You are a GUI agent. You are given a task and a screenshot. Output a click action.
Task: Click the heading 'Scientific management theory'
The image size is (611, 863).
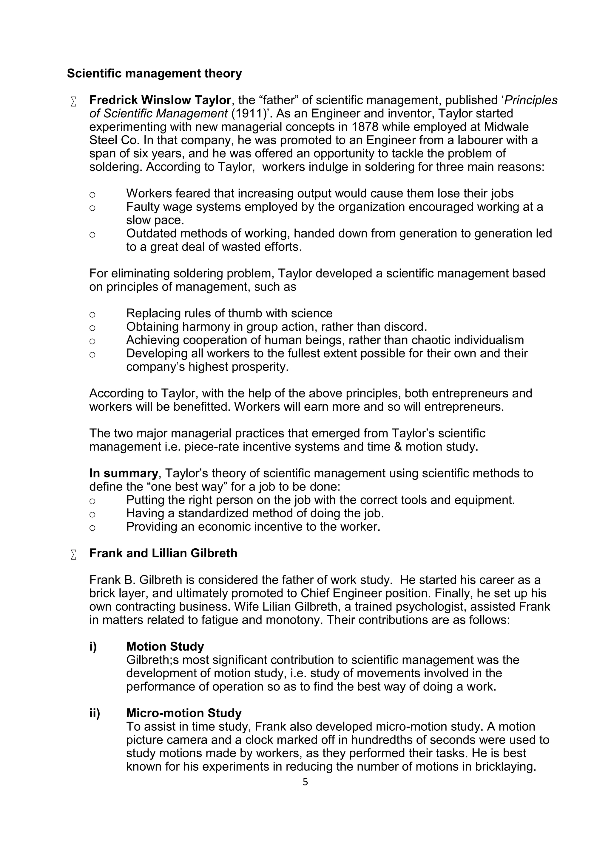coord(154,74)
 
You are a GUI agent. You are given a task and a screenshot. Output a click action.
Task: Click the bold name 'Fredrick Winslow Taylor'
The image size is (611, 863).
coord(160,100)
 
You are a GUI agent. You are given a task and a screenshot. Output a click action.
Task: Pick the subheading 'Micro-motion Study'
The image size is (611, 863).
coord(183,713)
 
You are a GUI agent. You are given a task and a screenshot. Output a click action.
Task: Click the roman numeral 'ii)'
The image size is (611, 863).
coord(95,713)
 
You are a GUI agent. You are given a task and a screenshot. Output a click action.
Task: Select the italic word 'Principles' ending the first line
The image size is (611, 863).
coord(531,100)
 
